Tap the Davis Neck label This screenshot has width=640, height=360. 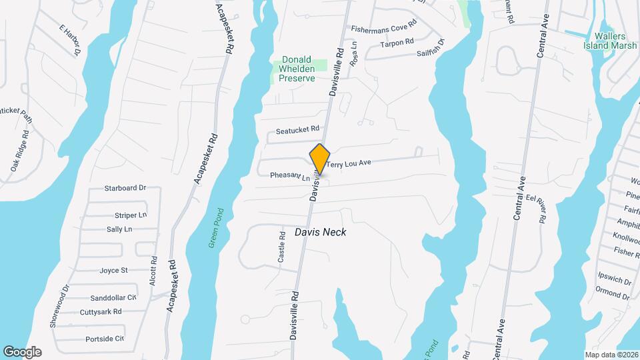pyautogui.click(x=321, y=232)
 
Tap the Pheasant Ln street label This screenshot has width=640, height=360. pyautogui.click(x=290, y=177)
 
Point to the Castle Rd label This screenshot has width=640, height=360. pyautogui.click(x=282, y=247)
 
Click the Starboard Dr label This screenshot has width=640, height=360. pyautogui.click(x=125, y=188)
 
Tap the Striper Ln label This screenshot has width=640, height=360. pyautogui.click(x=131, y=215)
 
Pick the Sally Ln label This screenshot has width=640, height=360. pyautogui.click(x=119, y=229)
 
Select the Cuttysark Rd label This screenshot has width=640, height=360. pyautogui.click(x=101, y=311)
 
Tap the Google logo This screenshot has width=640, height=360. pyautogui.click(x=22, y=351)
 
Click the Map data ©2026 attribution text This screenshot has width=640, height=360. pyautogui.click(x=611, y=354)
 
